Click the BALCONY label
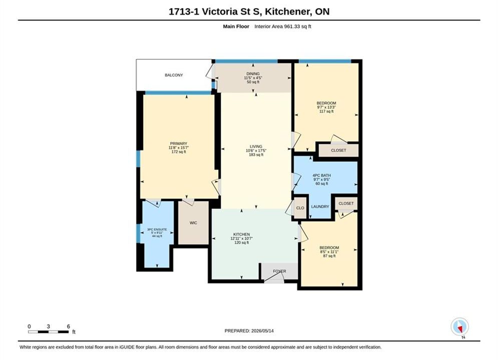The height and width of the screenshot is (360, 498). pos(174,75)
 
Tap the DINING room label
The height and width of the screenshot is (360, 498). pos(253,73)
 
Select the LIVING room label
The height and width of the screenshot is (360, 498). pos(256,146)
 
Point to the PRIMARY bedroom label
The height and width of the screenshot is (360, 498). pos(179,143)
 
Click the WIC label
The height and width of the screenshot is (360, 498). pos(193,223)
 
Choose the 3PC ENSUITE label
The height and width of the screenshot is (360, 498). pos(157,229)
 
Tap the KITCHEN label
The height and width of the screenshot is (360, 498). pos(241,234)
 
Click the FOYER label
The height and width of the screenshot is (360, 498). pos(279,271)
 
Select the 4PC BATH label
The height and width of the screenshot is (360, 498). pos(322,175)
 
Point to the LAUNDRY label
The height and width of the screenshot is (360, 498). pos(320,206)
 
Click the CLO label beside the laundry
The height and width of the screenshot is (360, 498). pos(300,208)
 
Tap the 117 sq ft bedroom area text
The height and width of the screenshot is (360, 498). pos(326,111)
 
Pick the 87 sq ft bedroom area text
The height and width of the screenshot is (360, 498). pos(329,256)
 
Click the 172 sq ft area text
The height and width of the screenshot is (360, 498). pos(179,152)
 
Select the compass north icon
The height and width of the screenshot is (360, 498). pos(460,326)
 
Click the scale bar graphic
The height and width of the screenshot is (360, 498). pos(48,332)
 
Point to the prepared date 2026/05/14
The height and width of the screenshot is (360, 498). pos(262,331)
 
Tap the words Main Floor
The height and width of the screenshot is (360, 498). pos(236,26)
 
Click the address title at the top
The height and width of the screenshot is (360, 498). pos(249,11)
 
